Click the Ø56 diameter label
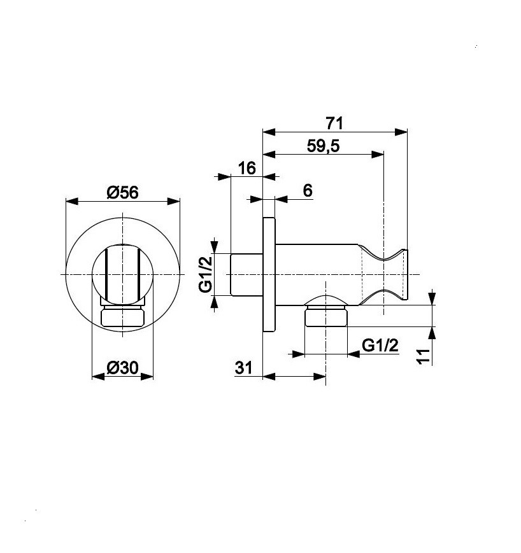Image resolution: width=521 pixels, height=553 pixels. tap(122, 193)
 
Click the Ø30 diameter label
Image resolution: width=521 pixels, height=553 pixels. tap(122, 368)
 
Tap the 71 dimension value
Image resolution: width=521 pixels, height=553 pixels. tap(334, 123)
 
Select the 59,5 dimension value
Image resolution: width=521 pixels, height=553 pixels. tap(323, 146)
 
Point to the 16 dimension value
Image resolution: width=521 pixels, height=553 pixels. tap(246, 168)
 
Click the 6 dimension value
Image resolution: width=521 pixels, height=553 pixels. tap(308, 190)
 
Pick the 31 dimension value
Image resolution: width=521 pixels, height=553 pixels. tap(244, 368)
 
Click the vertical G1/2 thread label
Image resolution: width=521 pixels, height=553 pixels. tap(206, 274)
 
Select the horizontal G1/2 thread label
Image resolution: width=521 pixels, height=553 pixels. tap(380, 346)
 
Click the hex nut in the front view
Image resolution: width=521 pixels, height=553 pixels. tap(122, 316)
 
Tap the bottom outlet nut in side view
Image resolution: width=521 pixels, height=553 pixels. tap(326, 316)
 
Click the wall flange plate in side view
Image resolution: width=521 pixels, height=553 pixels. tap(269, 274)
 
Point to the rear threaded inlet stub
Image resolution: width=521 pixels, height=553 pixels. tap(246, 274)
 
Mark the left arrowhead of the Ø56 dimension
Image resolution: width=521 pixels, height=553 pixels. tap(72, 201)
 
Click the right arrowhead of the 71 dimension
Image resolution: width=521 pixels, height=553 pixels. tap(401, 132)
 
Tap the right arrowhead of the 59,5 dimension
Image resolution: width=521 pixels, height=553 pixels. tap(378, 154)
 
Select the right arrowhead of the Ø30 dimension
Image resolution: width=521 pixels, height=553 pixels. tap(147, 377)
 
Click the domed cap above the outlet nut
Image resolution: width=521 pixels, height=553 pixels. tap(326, 300)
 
